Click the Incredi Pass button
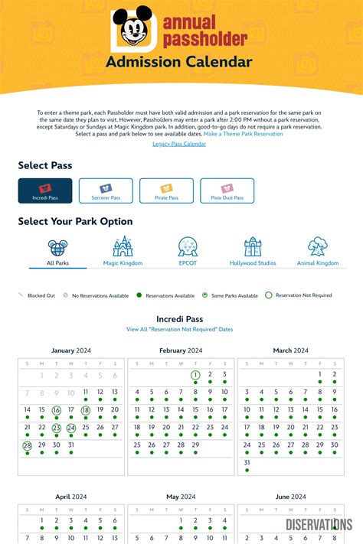click(x=45, y=191)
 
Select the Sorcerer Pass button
click(x=105, y=191)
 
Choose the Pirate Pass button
click(x=166, y=191)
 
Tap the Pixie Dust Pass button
click(x=227, y=191)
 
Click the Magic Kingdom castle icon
click(x=123, y=246)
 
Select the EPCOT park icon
click(x=188, y=246)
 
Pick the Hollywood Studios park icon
click(x=253, y=246)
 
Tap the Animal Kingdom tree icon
click(x=317, y=246)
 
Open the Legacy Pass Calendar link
click(x=179, y=144)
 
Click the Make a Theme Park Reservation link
click(x=243, y=134)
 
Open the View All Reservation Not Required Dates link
click(x=179, y=329)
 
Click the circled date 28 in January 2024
click(x=27, y=445)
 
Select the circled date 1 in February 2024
click(x=195, y=375)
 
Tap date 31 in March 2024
click(x=247, y=462)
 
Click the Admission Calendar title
click(x=179, y=61)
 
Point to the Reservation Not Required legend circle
click(x=269, y=295)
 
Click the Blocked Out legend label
click(x=41, y=295)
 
